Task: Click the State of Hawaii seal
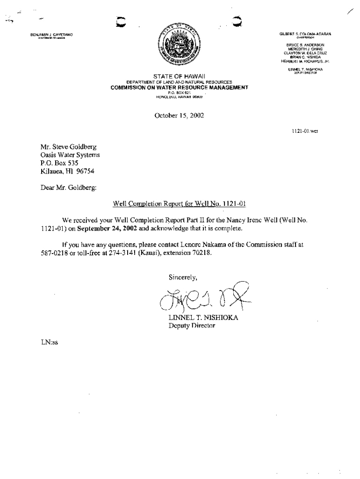tap(180, 47)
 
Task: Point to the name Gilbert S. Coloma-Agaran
tap(305, 34)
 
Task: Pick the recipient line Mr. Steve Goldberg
tap(69, 147)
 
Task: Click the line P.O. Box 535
tap(59, 163)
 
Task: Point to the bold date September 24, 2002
tap(107, 229)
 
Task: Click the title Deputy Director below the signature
tap(192, 326)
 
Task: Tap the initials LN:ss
tap(49, 342)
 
